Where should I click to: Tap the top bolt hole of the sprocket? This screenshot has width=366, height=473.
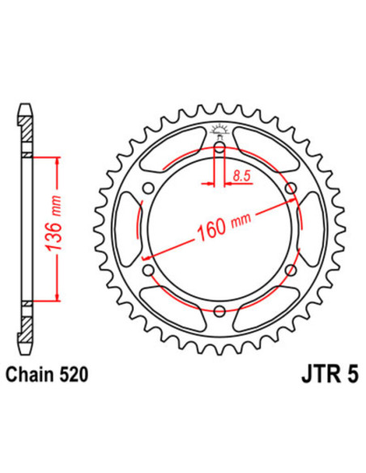(219, 147)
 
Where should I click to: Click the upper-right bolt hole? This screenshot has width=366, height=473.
(290, 188)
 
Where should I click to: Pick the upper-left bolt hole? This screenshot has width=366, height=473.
(147, 188)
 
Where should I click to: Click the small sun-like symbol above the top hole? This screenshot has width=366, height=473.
(219, 130)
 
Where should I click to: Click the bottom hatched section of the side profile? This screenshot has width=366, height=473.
(28, 324)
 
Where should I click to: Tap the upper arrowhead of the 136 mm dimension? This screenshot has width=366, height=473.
(56, 160)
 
